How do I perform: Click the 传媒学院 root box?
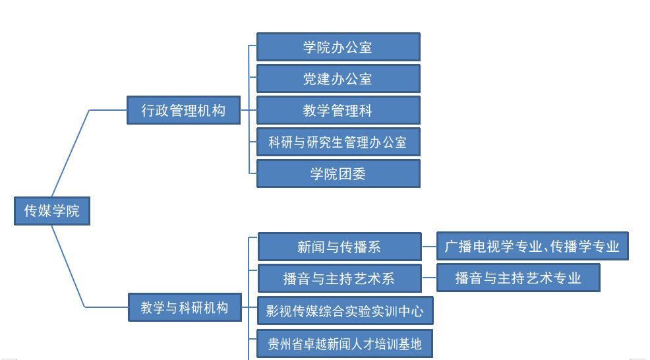(51, 211)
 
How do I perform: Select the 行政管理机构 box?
(183, 110)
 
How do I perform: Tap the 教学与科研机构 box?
(185, 307)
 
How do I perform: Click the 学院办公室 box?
(338, 47)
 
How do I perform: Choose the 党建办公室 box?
(338, 79)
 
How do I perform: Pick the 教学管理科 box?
(338, 111)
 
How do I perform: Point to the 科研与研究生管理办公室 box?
(338, 142)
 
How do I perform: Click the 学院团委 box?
(338, 173)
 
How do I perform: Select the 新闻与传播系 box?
(339, 247)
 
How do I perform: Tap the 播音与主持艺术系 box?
(339, 278)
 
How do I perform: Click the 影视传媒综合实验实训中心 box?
(345, 311)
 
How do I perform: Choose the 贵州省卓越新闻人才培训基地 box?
(345, 344)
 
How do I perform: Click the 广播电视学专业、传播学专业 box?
(532, 247)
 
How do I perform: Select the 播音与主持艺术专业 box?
(518, 278)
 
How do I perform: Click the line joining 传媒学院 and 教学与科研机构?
(69, 266)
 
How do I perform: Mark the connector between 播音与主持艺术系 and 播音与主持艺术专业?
(429, 279)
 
